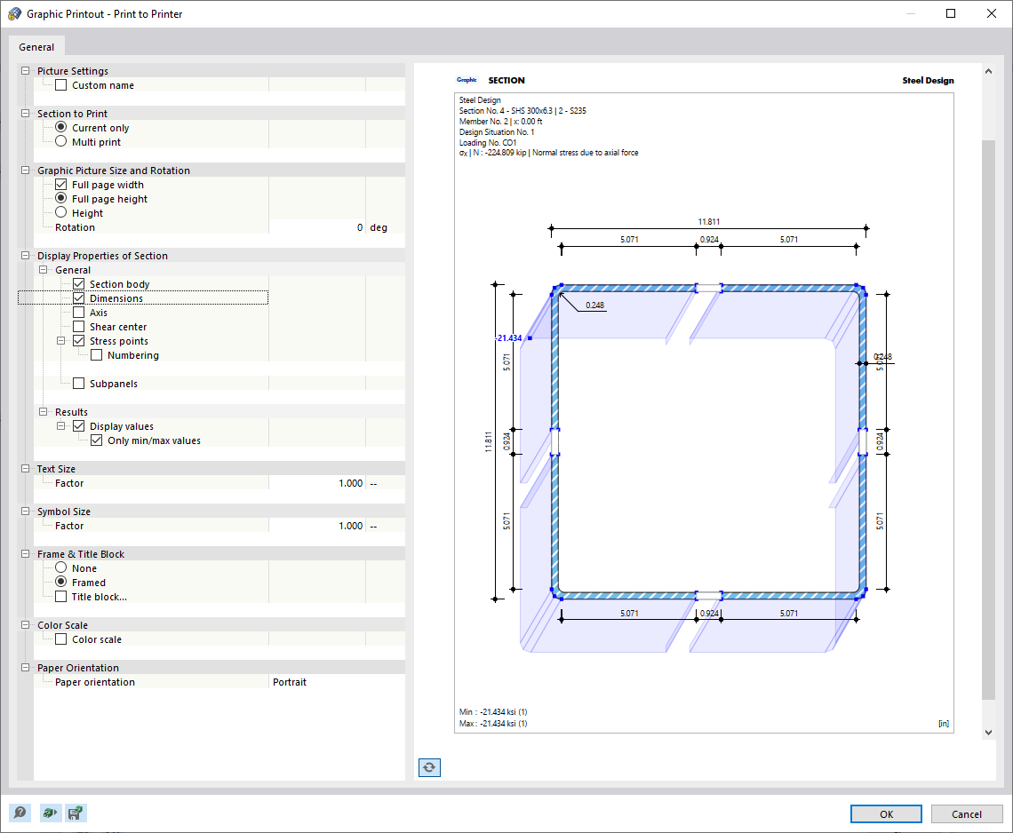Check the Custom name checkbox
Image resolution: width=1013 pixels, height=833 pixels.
coord(61,85)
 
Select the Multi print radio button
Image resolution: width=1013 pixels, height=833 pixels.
coord(61,142)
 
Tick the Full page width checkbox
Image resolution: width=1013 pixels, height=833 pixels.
coord(61,185)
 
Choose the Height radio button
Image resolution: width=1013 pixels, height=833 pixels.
coord(61,213)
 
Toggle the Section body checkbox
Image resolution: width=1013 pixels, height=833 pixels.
coord(79,284)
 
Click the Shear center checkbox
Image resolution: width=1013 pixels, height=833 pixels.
coord(79,327)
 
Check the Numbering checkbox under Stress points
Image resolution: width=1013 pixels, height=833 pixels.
coord(97,355)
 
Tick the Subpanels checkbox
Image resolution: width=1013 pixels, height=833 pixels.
coord(79,384)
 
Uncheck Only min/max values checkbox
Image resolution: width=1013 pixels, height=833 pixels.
coord(97,440)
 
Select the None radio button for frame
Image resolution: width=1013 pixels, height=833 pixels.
coord(61,568)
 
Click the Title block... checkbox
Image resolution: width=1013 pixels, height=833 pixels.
coord(61,597)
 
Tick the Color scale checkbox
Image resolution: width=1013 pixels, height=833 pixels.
coord(61,639)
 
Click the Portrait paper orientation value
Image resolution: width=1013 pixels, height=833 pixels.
coord(290,682)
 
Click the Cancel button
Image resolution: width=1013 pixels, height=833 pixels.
coord(967,814)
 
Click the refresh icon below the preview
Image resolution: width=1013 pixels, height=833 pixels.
coord(429,767)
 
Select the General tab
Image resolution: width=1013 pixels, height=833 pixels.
coord(36,47)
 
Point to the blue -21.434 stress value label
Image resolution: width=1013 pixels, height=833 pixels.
coord(509,338)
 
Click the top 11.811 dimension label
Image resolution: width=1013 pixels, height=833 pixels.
coord(709,222)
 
